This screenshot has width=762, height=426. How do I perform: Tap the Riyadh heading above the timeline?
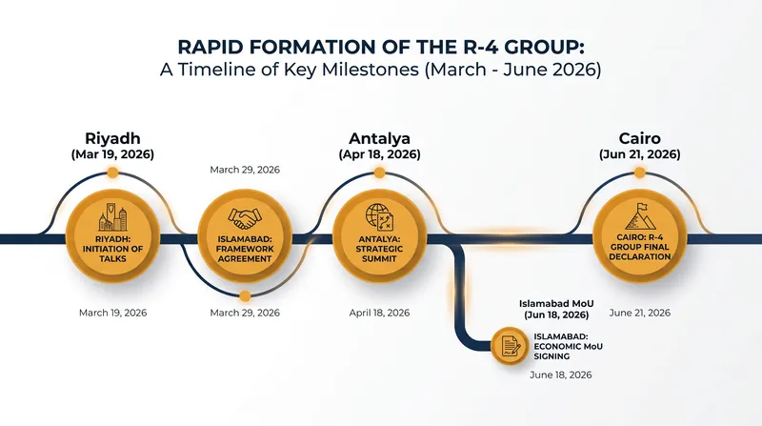[x=112, y=138]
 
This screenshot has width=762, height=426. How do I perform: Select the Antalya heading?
[x=379, y=138]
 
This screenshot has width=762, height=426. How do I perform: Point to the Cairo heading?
[x=639, y=138]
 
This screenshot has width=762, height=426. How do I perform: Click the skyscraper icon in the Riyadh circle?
[x=112, y=216]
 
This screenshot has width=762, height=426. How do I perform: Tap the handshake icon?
[x=245, y=219]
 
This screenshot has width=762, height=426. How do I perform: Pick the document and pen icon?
[x=510, y=346]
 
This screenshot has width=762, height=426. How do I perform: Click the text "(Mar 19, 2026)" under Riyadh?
[x=112, y=154]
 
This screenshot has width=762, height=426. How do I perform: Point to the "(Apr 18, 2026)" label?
[x=379, y=154]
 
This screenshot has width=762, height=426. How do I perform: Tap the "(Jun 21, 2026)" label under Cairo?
[x=639, y=154]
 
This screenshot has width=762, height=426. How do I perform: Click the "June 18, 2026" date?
[x=561, y=375]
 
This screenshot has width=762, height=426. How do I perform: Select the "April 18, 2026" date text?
[x=379, y=313]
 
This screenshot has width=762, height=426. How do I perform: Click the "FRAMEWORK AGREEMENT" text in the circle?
[x=245, y=254]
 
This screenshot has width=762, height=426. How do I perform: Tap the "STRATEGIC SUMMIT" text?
[x=379, y=254]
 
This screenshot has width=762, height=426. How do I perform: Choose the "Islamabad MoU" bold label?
[x=556, y=304]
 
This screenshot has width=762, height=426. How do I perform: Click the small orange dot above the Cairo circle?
[x=639, y=172]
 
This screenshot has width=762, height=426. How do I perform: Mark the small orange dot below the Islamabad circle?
[x=245, y=295]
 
